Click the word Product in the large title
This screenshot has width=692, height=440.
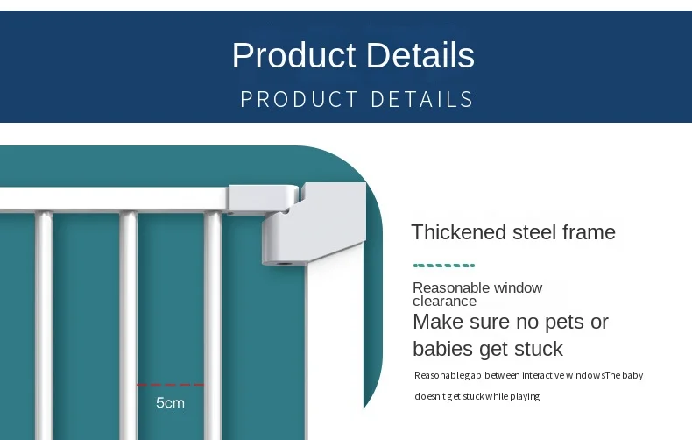(x=294, y=55)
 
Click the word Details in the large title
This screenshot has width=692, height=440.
(x=420, y=55)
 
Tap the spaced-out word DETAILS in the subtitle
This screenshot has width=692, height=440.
(x=422, y=99)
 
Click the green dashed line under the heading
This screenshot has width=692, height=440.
(x=444, y=266)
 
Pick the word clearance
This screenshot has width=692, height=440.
(x=444, y=302)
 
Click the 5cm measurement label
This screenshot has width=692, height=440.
(x=170, y=402)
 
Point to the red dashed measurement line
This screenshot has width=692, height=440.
(x=170, y=385)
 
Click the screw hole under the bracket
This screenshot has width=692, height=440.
(x=284, y=264)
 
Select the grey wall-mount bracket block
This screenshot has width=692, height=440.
(x=314, y=224)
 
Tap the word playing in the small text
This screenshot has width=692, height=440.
(x=525, y=396)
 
